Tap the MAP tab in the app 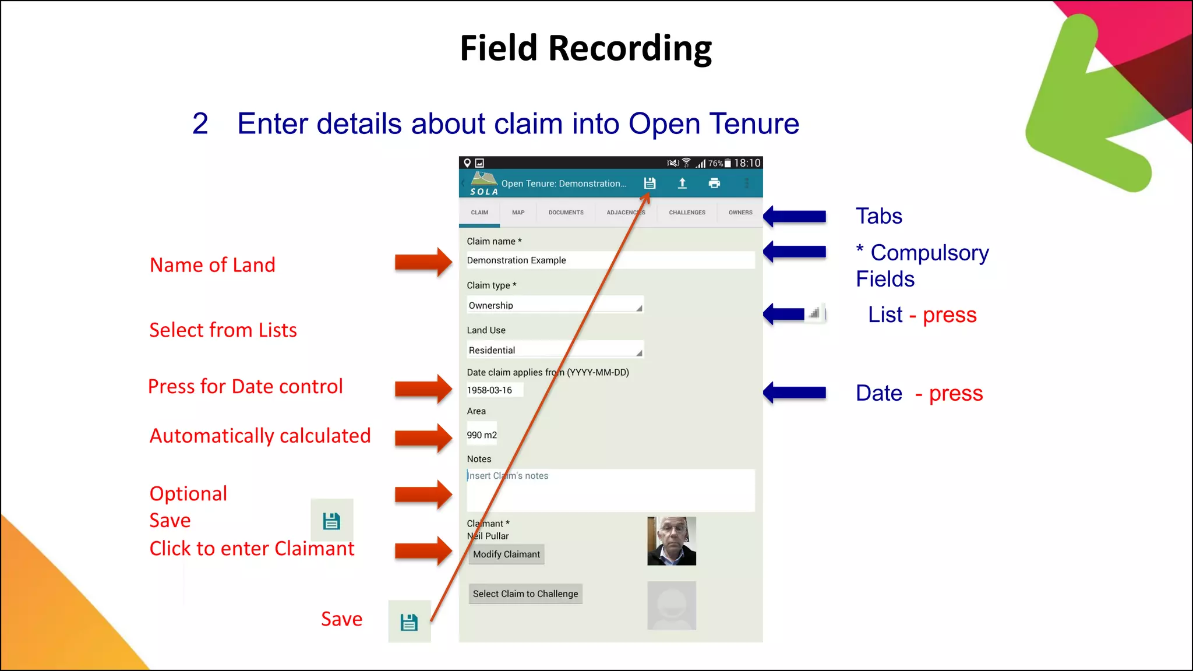[x=518, y=213]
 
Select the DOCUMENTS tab [x=566, y=213]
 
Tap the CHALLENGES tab [x=687, y=213]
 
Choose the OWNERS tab [x=740, y=213]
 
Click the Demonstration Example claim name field [x=609, y=260]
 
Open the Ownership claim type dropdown [x=555, y=305]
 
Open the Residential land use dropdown [x=555, y=350]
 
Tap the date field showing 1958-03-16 [x=494, y=390]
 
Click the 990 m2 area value [x=482, y=435]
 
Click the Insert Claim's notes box [x=609, y=490]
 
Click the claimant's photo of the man [x=671, y=541]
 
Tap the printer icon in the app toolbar [x=714, y=183]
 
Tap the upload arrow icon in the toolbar [x=682, y=183]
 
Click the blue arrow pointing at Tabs [x=795, y=217]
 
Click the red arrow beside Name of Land [x=423, y=262]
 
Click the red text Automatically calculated [x=260, y=436]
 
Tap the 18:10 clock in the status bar [x=747, y=163]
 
